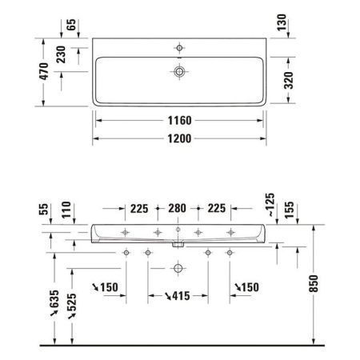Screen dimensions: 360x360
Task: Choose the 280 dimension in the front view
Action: click(x=178, y=212)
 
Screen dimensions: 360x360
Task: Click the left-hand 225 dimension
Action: click(x=140, y=212)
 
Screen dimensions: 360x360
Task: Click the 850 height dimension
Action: click(x=322, y=284)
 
